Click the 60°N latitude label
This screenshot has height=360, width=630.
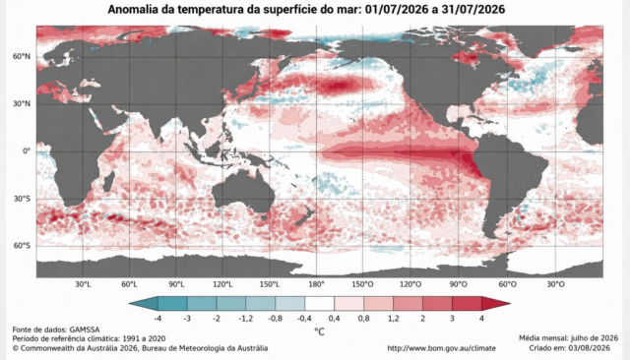(x=22, y=57)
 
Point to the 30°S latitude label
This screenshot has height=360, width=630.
(x=22, y=199)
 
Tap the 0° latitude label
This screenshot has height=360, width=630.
(x=27, y=151)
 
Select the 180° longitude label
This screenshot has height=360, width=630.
(x=316, y=284)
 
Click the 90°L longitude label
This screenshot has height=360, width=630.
(x=176, y=284)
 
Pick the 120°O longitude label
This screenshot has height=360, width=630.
(x=410, y=284)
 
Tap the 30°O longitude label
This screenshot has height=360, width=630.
(x=555, y=284)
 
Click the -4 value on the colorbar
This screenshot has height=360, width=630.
(x=157, y=319)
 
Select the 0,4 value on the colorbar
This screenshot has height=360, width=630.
(x=334, y=319)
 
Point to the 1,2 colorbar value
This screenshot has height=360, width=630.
(x=393, y=319)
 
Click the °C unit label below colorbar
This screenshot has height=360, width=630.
(x=319, y=331)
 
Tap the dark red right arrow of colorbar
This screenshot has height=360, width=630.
(x=496, y=303)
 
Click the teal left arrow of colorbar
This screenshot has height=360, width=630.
(x=144, y=303)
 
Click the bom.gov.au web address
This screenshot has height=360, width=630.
(x=442, y=348)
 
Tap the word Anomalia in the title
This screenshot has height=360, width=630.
(x=133, y=9)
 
